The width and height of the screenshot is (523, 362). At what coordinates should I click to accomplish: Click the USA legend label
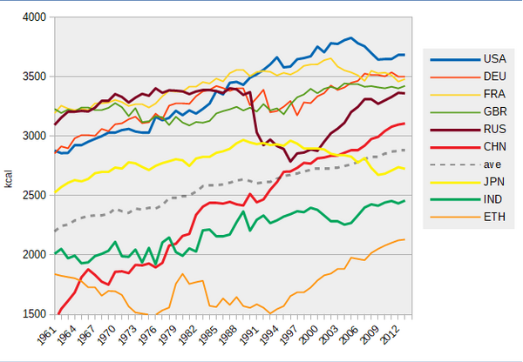(494, 59)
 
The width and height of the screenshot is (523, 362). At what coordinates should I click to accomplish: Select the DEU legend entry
(494, 77)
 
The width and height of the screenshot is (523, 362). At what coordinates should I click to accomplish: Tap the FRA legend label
(494, 94)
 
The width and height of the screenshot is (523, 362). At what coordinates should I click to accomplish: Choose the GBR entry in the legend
(495, 112)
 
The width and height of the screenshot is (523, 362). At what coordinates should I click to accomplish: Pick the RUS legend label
(495, 129)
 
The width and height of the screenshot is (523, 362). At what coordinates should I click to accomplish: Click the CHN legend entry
(495, 147)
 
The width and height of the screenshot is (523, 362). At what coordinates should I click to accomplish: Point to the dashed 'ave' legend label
(492, 164)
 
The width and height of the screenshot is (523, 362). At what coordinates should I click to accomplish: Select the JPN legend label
(494, 182)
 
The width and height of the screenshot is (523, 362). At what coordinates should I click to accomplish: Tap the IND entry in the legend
(493, 199)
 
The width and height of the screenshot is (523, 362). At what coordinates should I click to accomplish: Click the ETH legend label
(494, 218)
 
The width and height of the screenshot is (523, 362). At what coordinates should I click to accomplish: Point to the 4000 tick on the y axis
(34, 17)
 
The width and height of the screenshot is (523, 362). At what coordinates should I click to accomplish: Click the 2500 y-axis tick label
(34, 195)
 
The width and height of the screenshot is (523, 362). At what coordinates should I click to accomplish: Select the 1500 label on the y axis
(34, 314)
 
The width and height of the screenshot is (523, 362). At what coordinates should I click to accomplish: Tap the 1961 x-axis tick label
(46, 334)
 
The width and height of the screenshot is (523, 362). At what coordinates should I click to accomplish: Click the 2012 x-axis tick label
(390, 334)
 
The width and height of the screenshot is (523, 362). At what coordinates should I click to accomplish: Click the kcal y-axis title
(9, 179)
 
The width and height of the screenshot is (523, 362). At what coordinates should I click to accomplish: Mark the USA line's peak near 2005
(350, 38)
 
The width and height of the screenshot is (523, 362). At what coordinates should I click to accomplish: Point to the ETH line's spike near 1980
(182, 274)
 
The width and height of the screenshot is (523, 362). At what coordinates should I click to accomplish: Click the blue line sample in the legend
(455, 60)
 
